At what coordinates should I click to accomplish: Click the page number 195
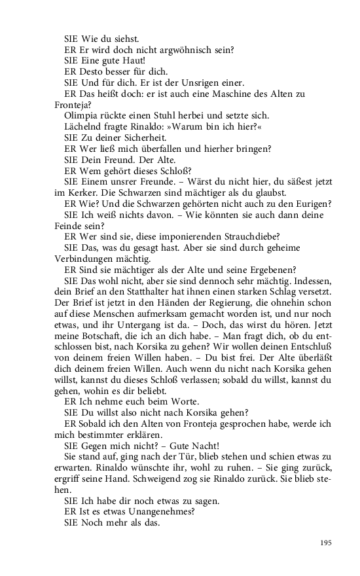point(325,543)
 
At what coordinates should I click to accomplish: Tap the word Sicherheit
point(141,138)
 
